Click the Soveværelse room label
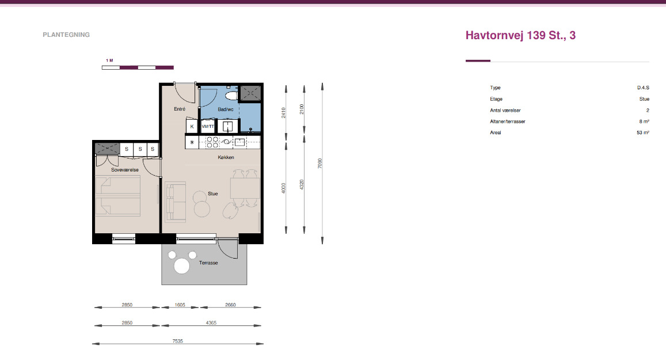(x=125, y=170)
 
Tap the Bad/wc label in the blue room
(x=226, y=109)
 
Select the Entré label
(x=180, y=109)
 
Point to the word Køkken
(x=226, y=157)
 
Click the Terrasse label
(x=208, y=263)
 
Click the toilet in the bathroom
(x=231, y=95)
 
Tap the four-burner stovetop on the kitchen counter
(x=212, y=142)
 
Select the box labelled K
(x=192, y=126)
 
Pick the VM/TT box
(x=208, y=126)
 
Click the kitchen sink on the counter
(x=240, y=142)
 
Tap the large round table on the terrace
(x=182, y=266)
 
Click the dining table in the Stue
(x=245, y=188)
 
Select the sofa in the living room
(x=176, y=202)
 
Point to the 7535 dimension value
(x=177, y=341)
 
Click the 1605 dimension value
(x=180, y=305)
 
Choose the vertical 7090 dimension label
(x=320, y=163)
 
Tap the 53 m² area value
(x=642, y=132)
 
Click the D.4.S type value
(x=643, y=88)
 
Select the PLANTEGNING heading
(x=66, y=35)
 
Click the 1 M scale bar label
(x=109, y=60)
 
